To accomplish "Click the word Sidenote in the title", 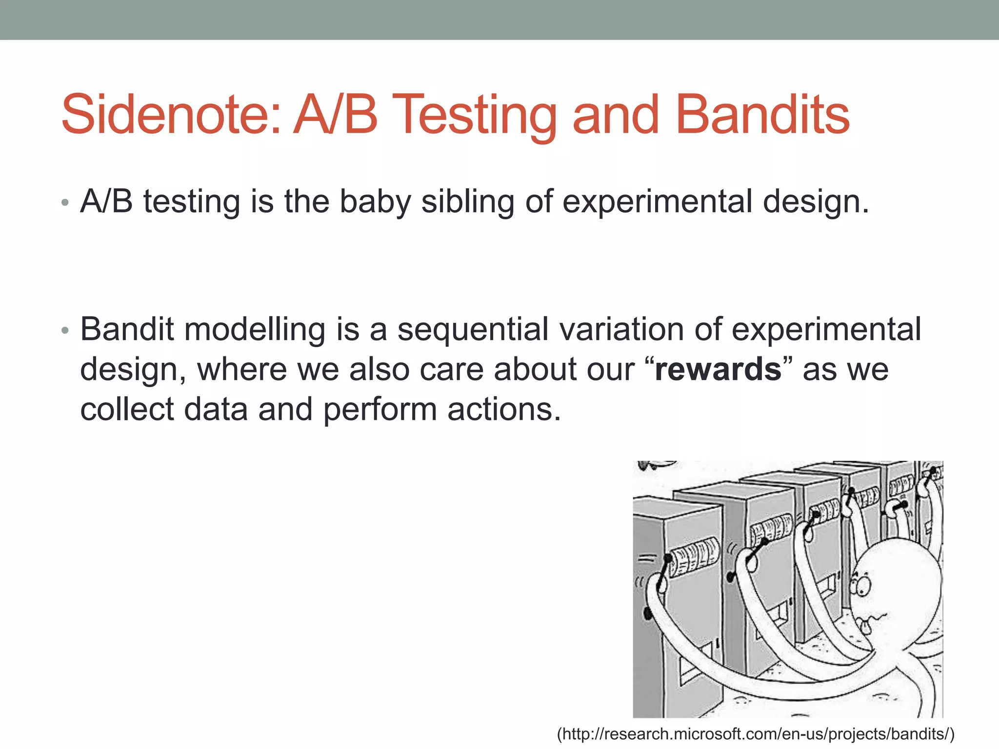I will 171,115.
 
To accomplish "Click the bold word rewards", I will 718,369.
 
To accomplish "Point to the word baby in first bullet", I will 375,201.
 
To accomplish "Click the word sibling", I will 467,201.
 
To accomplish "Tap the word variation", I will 621,329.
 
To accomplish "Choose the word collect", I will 127,409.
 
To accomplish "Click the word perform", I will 380,409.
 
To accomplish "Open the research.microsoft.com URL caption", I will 756,734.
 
